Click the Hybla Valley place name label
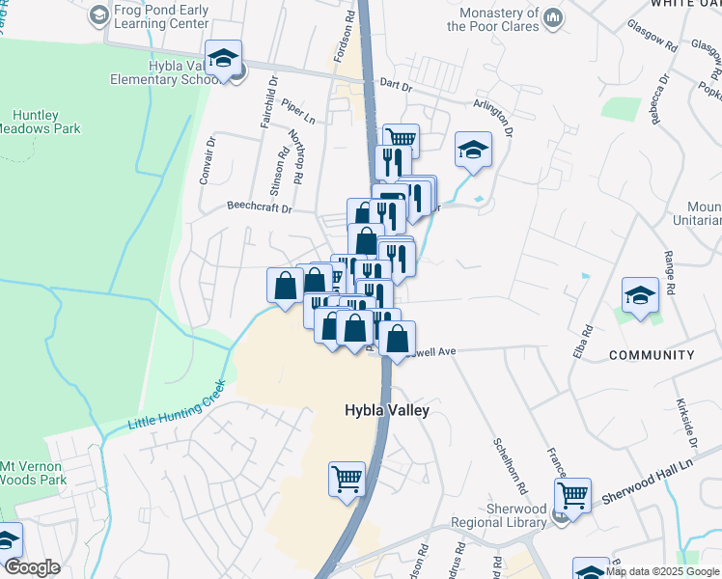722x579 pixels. pos(386,410)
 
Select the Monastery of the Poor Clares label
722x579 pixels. pos(498,20)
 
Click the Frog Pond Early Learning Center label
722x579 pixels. pos(161,14)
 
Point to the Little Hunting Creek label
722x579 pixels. pos(177,406)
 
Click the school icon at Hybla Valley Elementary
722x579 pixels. pos(223,60)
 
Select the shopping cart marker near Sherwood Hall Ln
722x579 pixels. pos(573,495)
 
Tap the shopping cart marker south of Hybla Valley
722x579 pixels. pos(347,477)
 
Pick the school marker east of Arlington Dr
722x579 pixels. pos(473,150)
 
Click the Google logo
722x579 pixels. pos(32,568)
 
